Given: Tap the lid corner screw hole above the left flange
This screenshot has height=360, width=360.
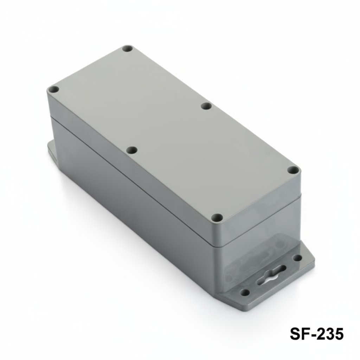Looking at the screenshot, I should click(54, 90).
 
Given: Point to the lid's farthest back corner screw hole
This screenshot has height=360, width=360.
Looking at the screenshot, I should click(127, 49).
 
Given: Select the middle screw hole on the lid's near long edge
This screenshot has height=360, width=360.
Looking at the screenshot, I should click(131, 150).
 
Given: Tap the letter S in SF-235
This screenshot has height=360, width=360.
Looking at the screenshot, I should click(296, 334).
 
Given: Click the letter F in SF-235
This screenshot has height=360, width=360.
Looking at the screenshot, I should click(305, 334).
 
